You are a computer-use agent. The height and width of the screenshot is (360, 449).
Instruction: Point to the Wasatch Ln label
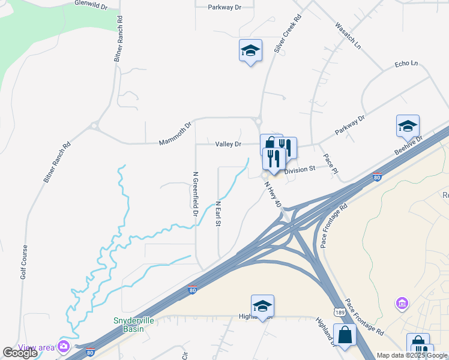point(348,36)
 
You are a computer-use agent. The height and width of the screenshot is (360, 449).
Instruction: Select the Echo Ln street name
point(406,63)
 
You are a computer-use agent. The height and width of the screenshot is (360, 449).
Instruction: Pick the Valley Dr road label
point(228,144)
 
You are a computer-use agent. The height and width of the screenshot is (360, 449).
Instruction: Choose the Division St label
point(300,170)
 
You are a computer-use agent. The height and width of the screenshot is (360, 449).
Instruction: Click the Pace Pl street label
point(331,163)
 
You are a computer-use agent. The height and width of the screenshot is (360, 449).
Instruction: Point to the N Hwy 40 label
point(272,195)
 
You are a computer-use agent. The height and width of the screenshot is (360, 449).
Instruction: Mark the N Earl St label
point(218,214)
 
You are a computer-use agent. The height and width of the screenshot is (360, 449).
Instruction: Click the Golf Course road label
point(24,262)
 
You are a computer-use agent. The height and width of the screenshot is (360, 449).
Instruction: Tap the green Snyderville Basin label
point(134,325)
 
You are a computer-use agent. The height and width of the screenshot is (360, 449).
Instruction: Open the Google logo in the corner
point(20,353)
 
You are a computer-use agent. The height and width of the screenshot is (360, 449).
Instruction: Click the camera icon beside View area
point(63,346)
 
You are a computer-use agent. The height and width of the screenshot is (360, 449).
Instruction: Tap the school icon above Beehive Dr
point(408,127)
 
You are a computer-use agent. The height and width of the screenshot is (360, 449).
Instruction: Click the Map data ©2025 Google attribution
point(412,355)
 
